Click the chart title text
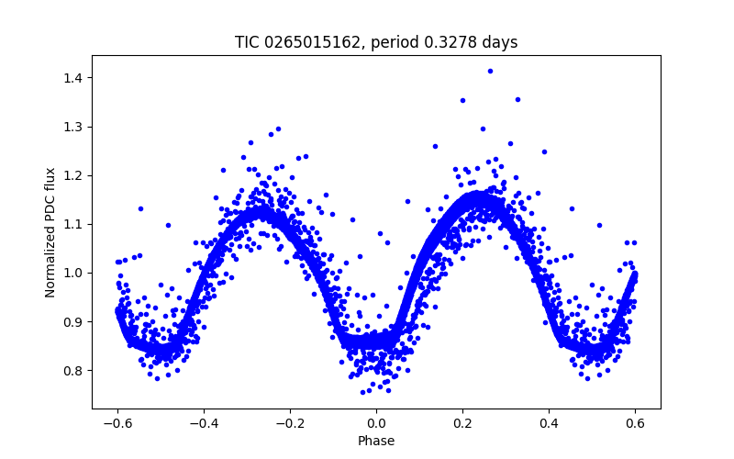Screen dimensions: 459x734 [x=376, y=42]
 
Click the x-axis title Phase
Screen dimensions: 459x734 [x=376, y=441]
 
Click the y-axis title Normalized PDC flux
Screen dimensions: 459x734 [x=50, y=231]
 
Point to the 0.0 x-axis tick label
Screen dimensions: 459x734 [x=376, y=423]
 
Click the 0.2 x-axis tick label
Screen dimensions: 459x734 [x=462, y=423]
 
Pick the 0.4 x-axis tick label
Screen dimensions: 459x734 [x=550, y=423]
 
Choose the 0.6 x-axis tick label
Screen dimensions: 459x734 [x=636, y=423]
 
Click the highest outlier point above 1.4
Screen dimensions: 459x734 [x=490, y=71]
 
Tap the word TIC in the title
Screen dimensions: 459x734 [x=247, y=42]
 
